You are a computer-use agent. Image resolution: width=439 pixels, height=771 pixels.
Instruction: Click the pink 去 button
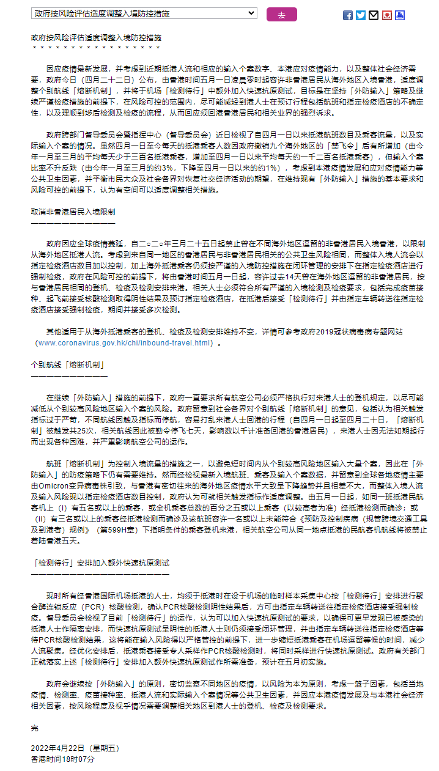(x=281, y=14)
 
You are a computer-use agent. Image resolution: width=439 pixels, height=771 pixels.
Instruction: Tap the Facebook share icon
(x=347, y=15)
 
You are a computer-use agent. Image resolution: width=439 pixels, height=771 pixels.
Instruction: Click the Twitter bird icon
(x=361, y=15)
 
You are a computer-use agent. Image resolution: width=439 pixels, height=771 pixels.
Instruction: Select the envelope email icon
(x=374, y=15)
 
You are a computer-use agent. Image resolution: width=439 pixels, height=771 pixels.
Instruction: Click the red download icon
(x=386, y=15)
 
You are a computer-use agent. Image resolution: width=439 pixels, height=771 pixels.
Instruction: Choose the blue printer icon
(x=400, y=15)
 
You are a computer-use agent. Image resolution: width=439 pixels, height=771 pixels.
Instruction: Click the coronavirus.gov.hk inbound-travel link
(x=124, y=343)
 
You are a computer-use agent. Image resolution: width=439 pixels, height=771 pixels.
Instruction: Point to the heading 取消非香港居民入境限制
(x=73, y=211)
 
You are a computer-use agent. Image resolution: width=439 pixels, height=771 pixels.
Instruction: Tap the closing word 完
(x=34, y=728)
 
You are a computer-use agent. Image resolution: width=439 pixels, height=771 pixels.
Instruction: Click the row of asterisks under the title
(x=96, y=47)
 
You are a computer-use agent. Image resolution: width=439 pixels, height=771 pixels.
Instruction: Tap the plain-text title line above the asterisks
(x=96, y=37)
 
